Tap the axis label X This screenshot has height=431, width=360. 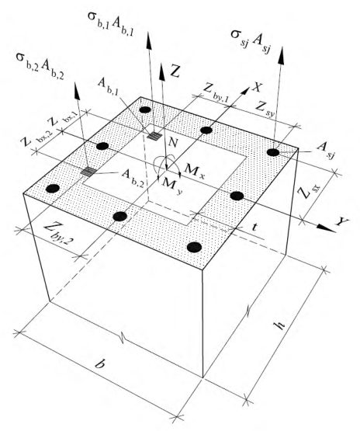[x=257, y=87]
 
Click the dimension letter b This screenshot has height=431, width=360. [x=100, y=363]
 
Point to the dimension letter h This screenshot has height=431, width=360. [x=280, y=325]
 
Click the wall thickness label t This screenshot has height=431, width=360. [x=255, y=228]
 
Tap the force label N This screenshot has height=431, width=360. [x=173, y=142]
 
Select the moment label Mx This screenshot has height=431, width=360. [x=195, y=170]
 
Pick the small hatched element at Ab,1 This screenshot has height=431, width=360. [x=154, y=135]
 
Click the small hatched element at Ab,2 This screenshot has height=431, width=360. [x=88, y=172]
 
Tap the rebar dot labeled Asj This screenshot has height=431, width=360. [x=273, y=152]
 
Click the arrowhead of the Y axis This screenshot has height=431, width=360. [x=326, y=228]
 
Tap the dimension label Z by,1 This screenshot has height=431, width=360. [x=216, y=93]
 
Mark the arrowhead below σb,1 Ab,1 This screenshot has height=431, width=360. [x=148, y=41]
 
